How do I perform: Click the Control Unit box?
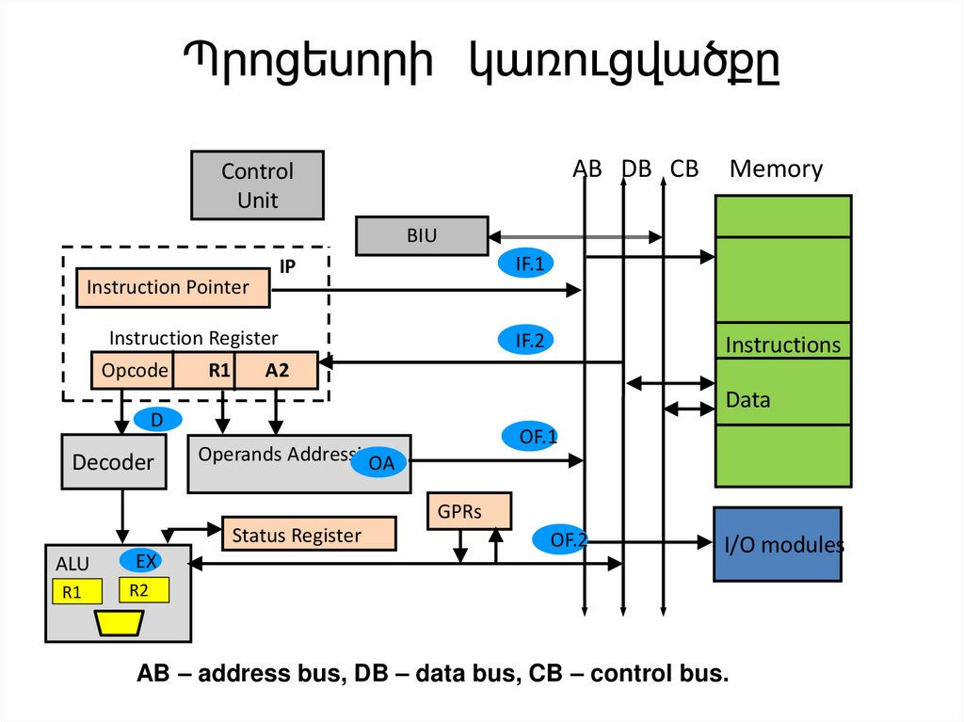point(257,185)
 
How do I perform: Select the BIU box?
point(422,236)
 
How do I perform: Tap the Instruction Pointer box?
point(172,287)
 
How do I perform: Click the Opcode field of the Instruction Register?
point(133,371)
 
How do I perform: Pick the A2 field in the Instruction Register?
point(277,371)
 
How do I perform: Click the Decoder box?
point(113,462)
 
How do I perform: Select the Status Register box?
point(308,535)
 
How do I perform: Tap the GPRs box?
point(469,511)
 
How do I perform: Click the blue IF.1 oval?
point(529,265)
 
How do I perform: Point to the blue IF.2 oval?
point(529,341)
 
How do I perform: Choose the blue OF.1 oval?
point(538,436)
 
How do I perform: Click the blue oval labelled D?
point(157,421)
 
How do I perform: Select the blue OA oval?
point(380,462)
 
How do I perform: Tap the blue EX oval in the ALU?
point(145,562)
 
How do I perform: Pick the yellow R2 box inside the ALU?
point(144,590)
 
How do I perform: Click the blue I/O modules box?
point(777,544)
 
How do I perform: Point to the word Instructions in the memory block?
point(782,345)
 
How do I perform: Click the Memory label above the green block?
point(776,169)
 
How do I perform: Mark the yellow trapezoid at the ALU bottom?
point(118,622)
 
